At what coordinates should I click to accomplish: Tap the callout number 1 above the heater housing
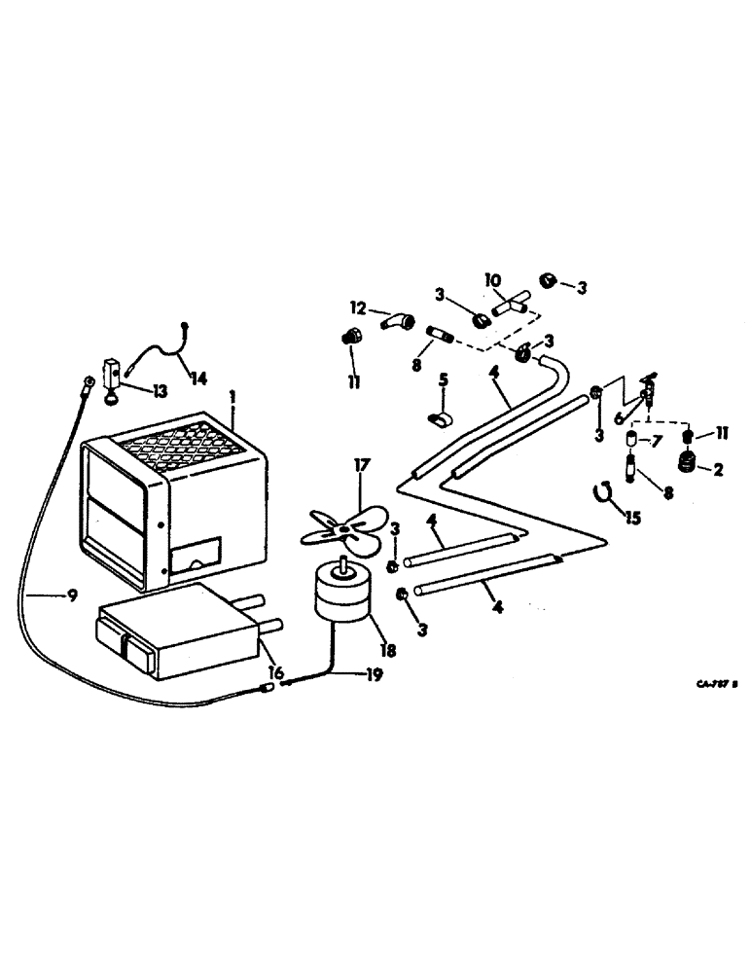(x=232, y=399)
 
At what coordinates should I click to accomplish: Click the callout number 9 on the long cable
(x=72, y=596)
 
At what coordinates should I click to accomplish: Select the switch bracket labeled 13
(x=113, y=378)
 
